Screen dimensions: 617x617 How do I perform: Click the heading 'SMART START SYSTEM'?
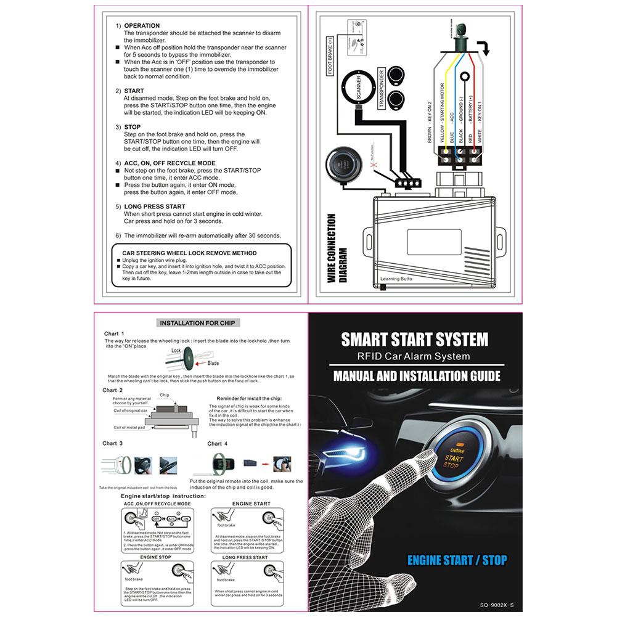point(415,339)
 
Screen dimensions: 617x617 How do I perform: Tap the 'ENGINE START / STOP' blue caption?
point(457,560)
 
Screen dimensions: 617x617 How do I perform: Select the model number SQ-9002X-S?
point(491,606)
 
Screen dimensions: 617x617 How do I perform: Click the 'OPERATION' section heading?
point(142,26)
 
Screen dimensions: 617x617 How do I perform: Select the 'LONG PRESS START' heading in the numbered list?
point(155,206)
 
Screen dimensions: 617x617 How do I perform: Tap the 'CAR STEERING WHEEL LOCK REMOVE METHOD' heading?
point(189,253)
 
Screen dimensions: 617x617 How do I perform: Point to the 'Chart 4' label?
point(218,443)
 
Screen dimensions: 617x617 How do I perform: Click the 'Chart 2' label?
point(113,390)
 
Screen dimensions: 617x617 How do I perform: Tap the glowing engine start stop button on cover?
point(454,457)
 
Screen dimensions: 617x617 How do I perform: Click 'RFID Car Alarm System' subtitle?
point(414,356)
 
